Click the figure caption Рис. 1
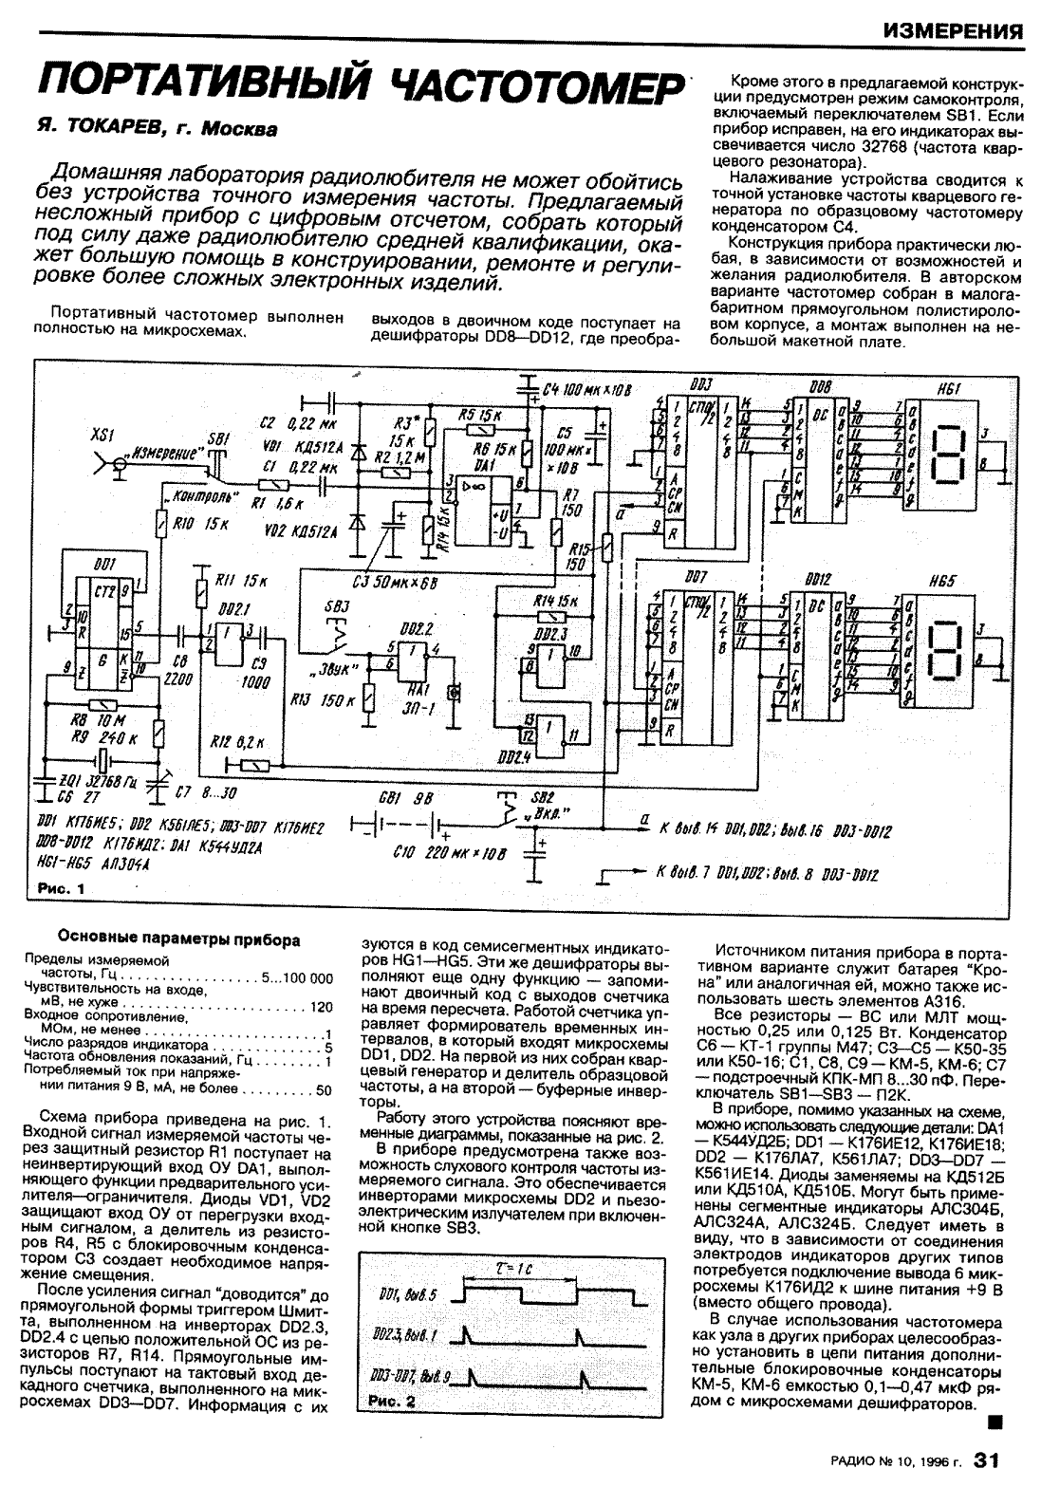click(x=60, y=889)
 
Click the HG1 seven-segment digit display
click(x=951, y=450)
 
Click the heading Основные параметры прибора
click(x=180, y=940)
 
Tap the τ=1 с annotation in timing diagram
click(x=518, y=1268)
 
